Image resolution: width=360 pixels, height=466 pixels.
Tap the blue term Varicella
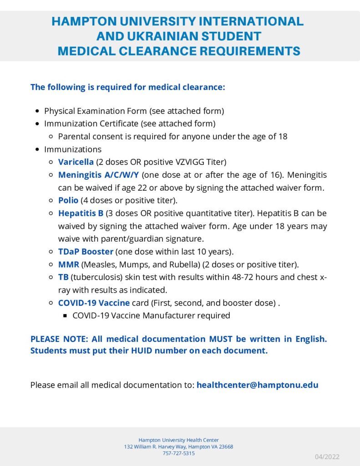(76, 162)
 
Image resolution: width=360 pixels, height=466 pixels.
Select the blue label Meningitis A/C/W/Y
(98, 175)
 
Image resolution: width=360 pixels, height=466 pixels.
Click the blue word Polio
(68, 200)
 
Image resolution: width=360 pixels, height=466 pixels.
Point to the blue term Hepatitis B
(81, 213)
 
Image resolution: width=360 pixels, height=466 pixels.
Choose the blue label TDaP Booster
(86, 251)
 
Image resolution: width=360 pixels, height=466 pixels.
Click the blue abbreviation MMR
(68, 264)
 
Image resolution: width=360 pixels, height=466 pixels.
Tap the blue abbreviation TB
(63, 277)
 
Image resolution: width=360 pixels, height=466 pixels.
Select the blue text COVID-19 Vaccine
(94, 303)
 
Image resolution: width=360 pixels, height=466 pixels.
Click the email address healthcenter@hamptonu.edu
(257, 385)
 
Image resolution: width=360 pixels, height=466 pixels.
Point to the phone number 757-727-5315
(178, 453)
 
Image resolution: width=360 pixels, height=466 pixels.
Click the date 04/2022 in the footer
(327, 457)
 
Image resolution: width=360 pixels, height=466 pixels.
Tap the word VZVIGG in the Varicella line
(183, 162)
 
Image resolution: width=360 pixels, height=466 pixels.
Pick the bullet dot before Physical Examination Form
(37, 111)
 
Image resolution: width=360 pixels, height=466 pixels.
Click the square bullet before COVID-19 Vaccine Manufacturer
(65, 315)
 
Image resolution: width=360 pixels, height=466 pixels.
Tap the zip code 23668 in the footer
(225, 447)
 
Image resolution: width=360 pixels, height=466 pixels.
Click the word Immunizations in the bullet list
(73, 149)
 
